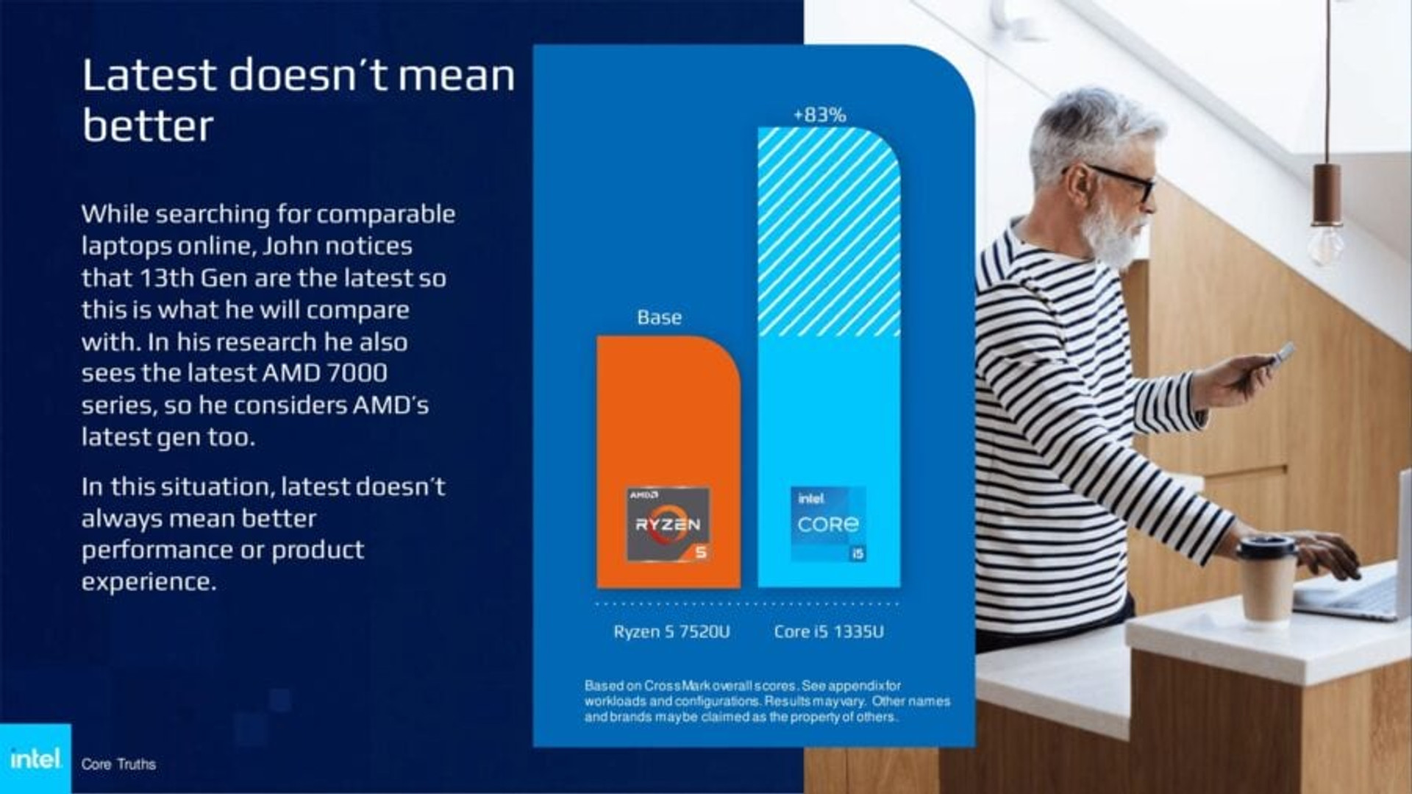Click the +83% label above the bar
click(x=819, y=115)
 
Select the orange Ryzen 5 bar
click(x=668, y=462)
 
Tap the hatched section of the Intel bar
click(x=829, y=232)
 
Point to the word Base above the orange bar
click(x=659, y=317)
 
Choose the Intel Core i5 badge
click(x=828, y=524)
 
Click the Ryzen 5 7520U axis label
click(x=671, y=631)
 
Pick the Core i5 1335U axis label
click(x=829, y=631)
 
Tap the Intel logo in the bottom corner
click(x=35, y=758)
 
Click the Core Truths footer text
click(x=118, y=764)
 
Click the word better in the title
click(x=148, y=125)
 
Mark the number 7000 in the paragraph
click(x=357, y=373)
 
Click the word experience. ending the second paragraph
click(x=149, y=582)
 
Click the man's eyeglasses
click(x=1114, y=180)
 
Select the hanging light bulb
click(x=1326, y=244)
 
